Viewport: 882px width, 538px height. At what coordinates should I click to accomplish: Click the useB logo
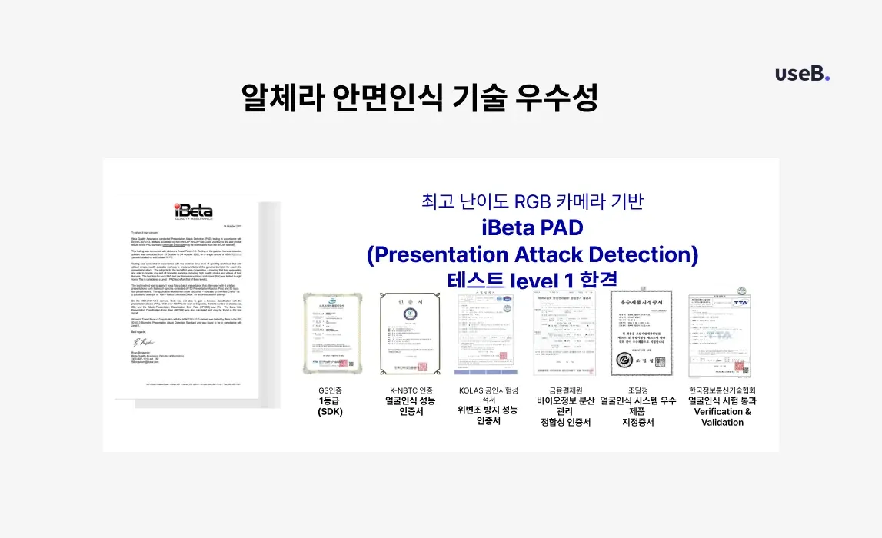click(802, 74)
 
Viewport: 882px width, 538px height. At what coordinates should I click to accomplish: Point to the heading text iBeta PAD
click(532, 227)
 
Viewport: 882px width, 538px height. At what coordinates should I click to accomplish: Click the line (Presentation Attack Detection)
click(532, 254)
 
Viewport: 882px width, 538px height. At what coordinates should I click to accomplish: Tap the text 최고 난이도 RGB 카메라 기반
click(532, 201)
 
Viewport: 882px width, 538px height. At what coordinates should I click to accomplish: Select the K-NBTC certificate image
click(410, 334)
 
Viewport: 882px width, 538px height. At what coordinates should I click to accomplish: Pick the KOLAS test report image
click(487, 334)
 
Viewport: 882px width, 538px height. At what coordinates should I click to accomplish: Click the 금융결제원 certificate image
click(564, 334)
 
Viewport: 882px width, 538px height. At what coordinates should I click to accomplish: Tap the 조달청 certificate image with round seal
click(641, 334)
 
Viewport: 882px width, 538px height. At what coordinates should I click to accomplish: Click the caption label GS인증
click(330, 390)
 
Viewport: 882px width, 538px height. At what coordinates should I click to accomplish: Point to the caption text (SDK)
click(330, 412)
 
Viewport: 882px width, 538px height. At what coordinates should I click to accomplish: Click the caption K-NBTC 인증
click(410, 390)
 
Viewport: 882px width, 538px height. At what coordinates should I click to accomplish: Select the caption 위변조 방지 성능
click(488, 410)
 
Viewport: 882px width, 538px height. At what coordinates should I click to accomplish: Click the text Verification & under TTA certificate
click(722, 411)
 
